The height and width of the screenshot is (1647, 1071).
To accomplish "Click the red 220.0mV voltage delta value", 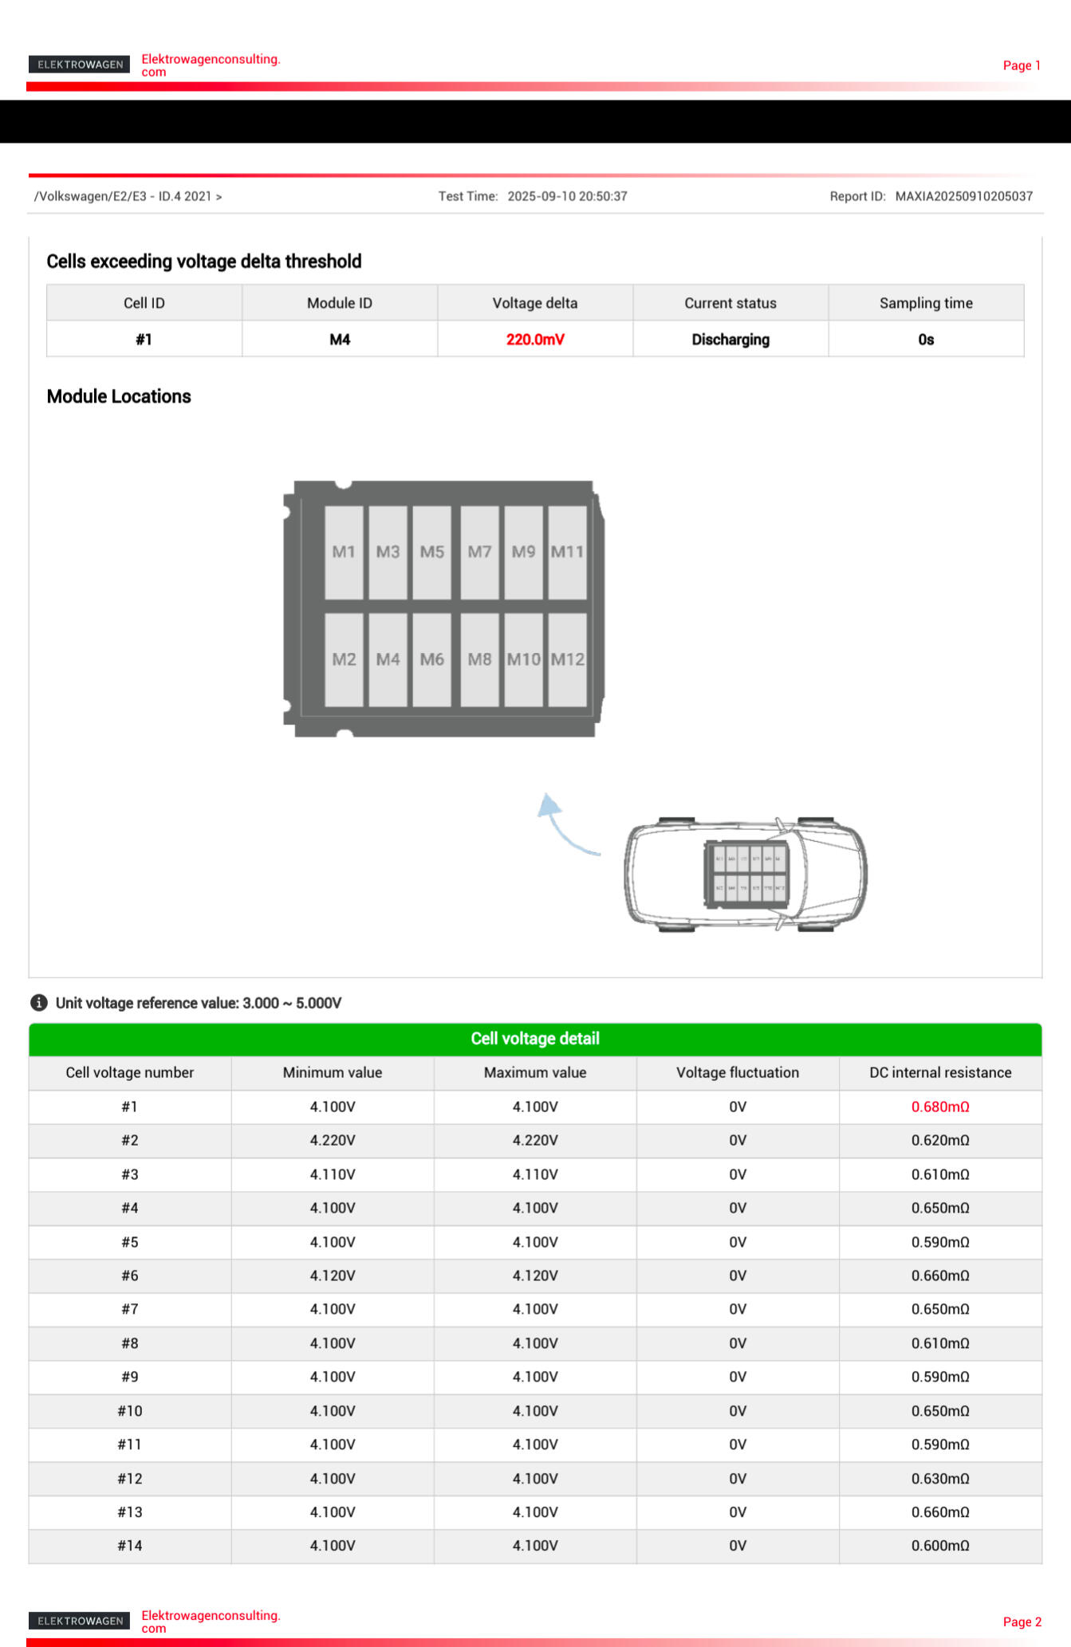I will [535, 340].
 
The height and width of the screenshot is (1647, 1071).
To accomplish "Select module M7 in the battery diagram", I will [479, 552].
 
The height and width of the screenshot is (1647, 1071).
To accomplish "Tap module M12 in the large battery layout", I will [568, 659].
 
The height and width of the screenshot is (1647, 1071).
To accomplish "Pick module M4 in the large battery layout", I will [388, 659].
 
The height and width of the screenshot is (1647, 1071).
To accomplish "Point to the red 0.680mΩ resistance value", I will [940, 1107].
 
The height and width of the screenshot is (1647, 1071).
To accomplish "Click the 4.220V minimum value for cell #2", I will [333, 1140].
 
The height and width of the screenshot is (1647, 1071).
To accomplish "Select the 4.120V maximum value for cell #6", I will [535, 1276].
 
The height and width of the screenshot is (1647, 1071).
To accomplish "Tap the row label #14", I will [130, 1545].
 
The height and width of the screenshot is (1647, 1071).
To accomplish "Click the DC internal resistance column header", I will [940, 1072].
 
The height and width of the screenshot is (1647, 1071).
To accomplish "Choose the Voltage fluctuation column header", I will [738, 1072].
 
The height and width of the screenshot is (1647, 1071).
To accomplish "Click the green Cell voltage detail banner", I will [535, 1038].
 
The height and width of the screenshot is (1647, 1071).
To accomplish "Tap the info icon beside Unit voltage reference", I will [38, 1003].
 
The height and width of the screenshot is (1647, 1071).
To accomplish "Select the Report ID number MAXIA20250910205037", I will [963, 196].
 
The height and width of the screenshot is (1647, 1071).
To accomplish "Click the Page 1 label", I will [1022, 65].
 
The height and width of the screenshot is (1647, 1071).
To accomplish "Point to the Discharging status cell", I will [730, 340].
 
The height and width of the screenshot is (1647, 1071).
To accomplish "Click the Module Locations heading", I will [119, 396].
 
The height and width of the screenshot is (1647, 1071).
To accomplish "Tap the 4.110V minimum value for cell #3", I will [333, 1174].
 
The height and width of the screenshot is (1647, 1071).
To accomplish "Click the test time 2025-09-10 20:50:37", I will [567, 196].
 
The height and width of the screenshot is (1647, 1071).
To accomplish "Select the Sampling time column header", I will [926, 303].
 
